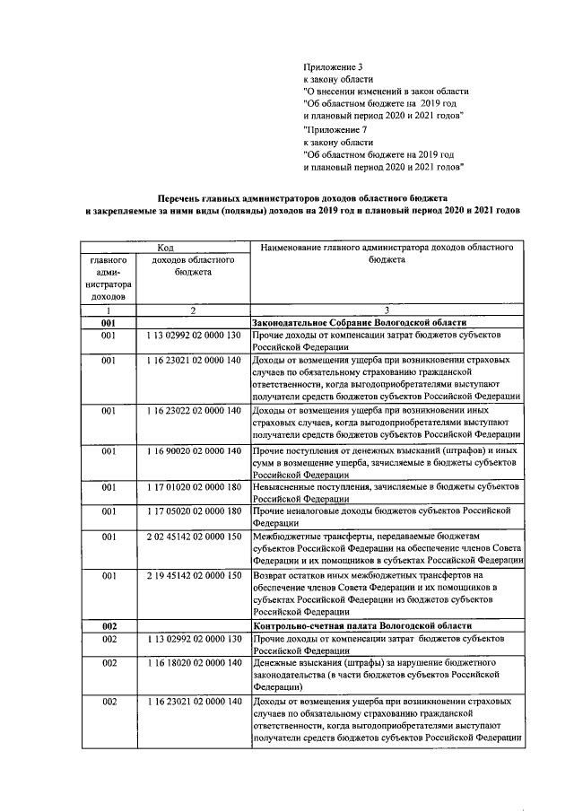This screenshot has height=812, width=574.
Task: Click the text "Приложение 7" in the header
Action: tap(335, 130)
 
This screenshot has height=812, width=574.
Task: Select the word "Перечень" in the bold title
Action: tap(183, 196)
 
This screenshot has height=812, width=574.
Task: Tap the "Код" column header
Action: tap(167, 246)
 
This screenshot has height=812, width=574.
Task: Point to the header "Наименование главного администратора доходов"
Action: tap(387, 246)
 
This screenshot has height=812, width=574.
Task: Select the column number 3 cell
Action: tap(387, 310)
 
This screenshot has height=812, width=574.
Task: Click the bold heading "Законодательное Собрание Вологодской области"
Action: tap(360, 321)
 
